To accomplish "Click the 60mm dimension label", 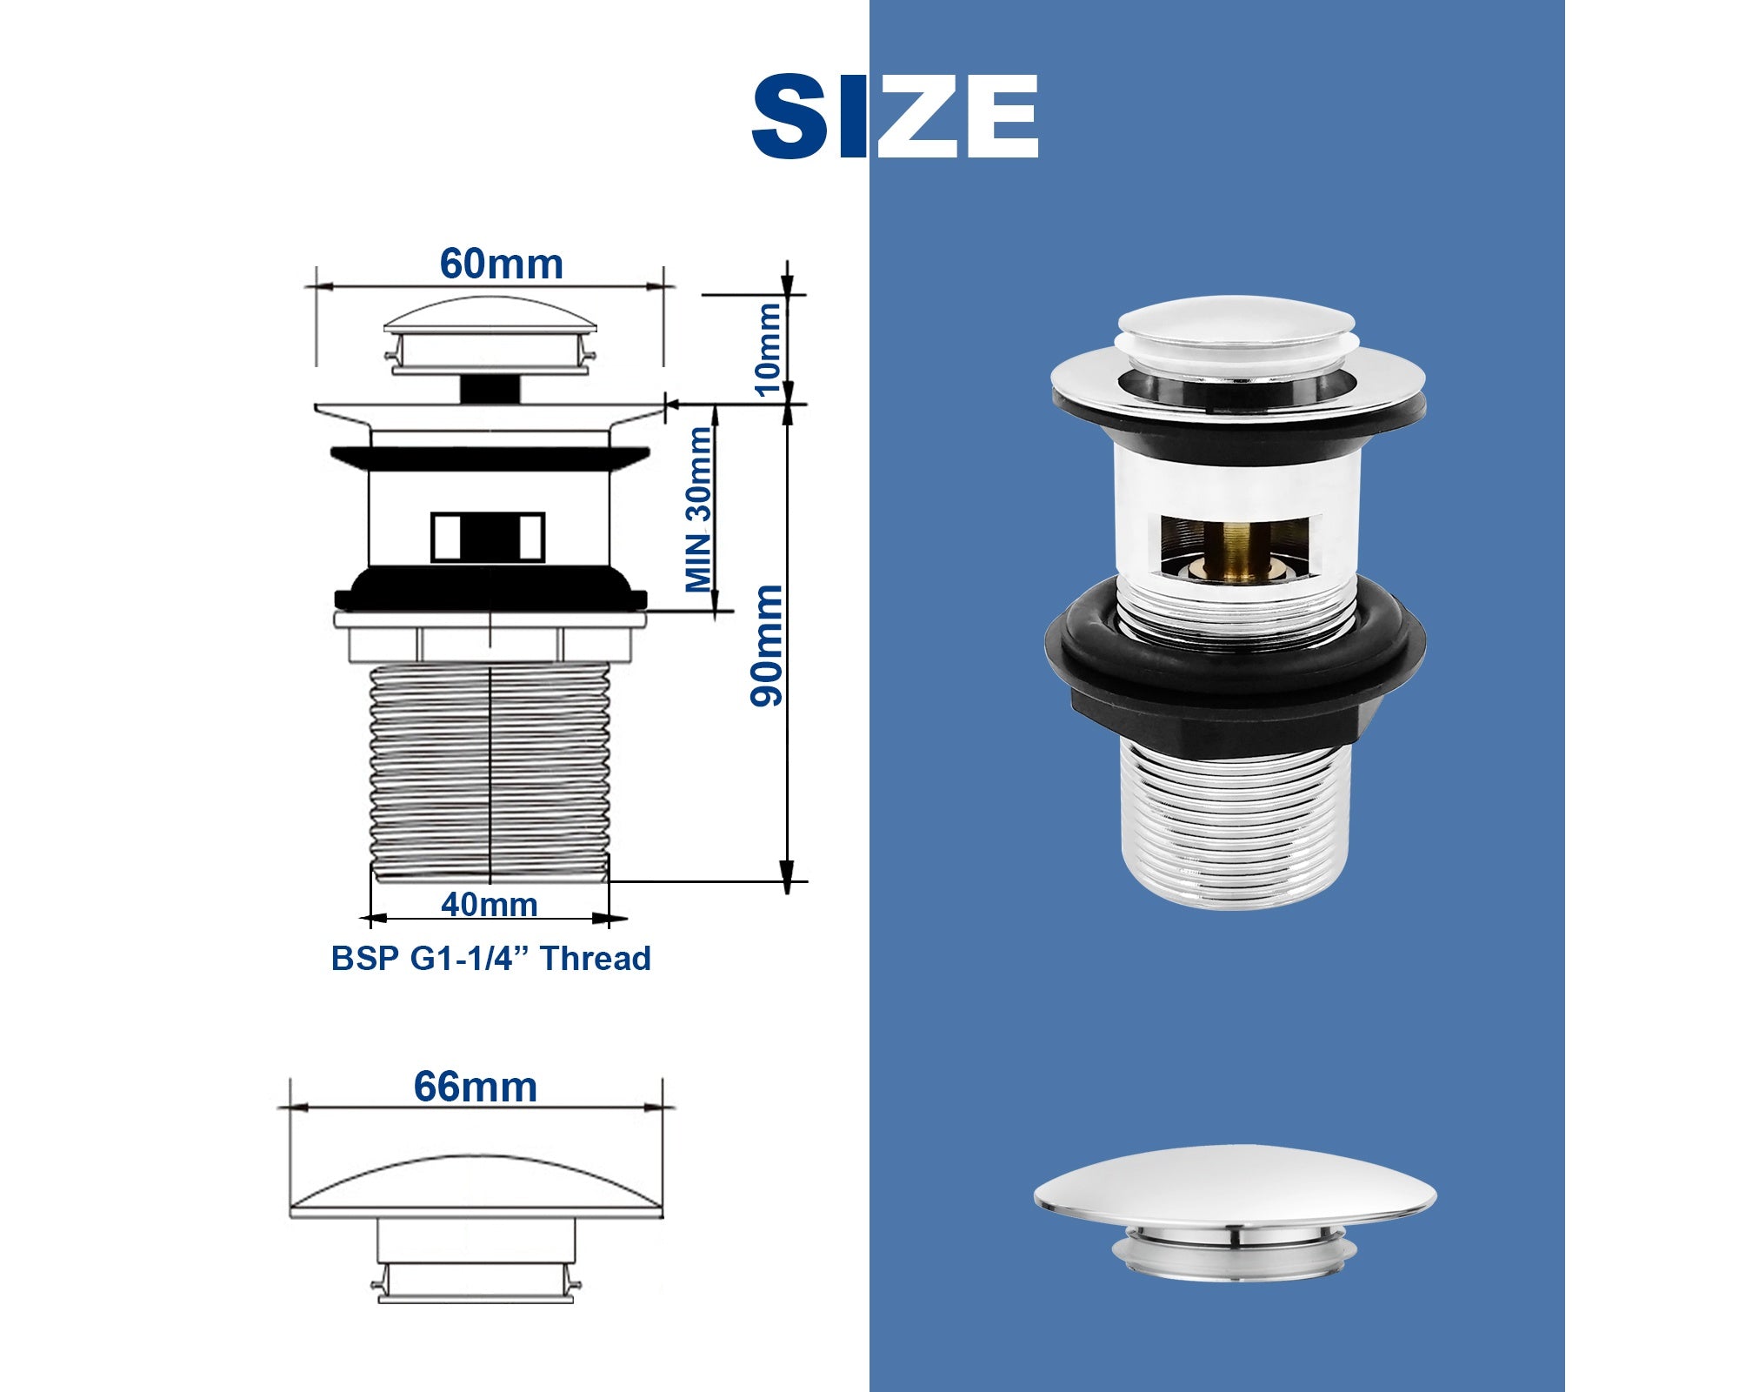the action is (502, 264).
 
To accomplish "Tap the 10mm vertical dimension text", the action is (769, 349).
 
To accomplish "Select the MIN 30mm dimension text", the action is (699, 510).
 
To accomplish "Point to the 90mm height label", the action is (767, 645).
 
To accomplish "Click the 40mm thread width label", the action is (490, 905).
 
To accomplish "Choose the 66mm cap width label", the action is (476, 1087).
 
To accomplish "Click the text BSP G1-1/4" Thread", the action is (491, 958).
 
